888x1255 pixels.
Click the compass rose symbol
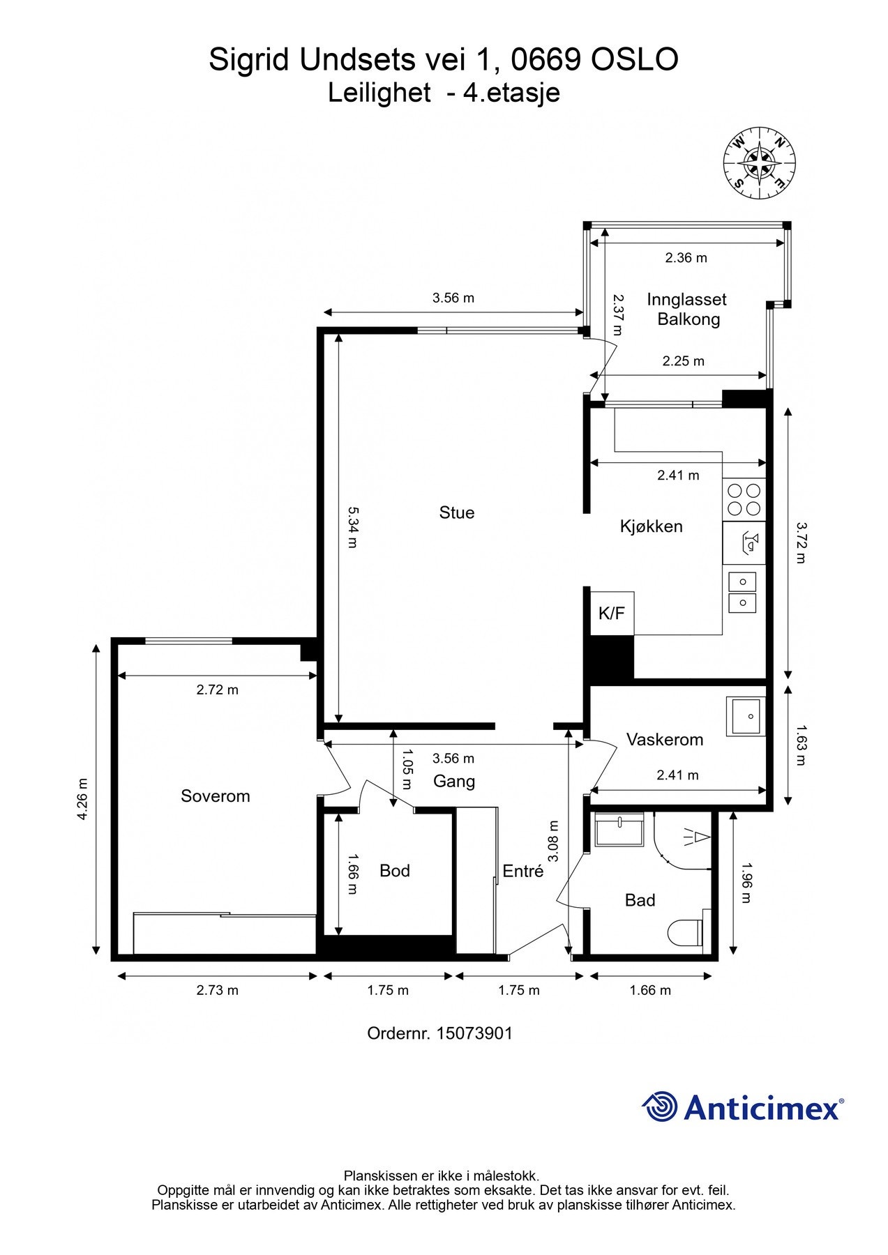point(759,162)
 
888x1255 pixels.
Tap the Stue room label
point(457,512)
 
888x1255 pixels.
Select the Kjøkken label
point(651,526)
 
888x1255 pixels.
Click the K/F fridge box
point(612,613)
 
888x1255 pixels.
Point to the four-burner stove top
point(744,499)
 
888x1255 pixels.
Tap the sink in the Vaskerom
point(746,717)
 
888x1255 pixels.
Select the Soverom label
point(215,796)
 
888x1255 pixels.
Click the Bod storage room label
point(394,870)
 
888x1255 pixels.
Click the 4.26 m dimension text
point(82,799)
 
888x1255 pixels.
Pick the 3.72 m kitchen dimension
point(801,542)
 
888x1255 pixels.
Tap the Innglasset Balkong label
point(687,310)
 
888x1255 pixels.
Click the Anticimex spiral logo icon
point(660,1106)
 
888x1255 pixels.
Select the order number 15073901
point(474,1033)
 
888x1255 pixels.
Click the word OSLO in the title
point(634,60)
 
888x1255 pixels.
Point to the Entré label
point(522,870)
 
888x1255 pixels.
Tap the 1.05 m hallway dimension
point(408,769)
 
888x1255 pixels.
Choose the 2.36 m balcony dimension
point(686,258)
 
